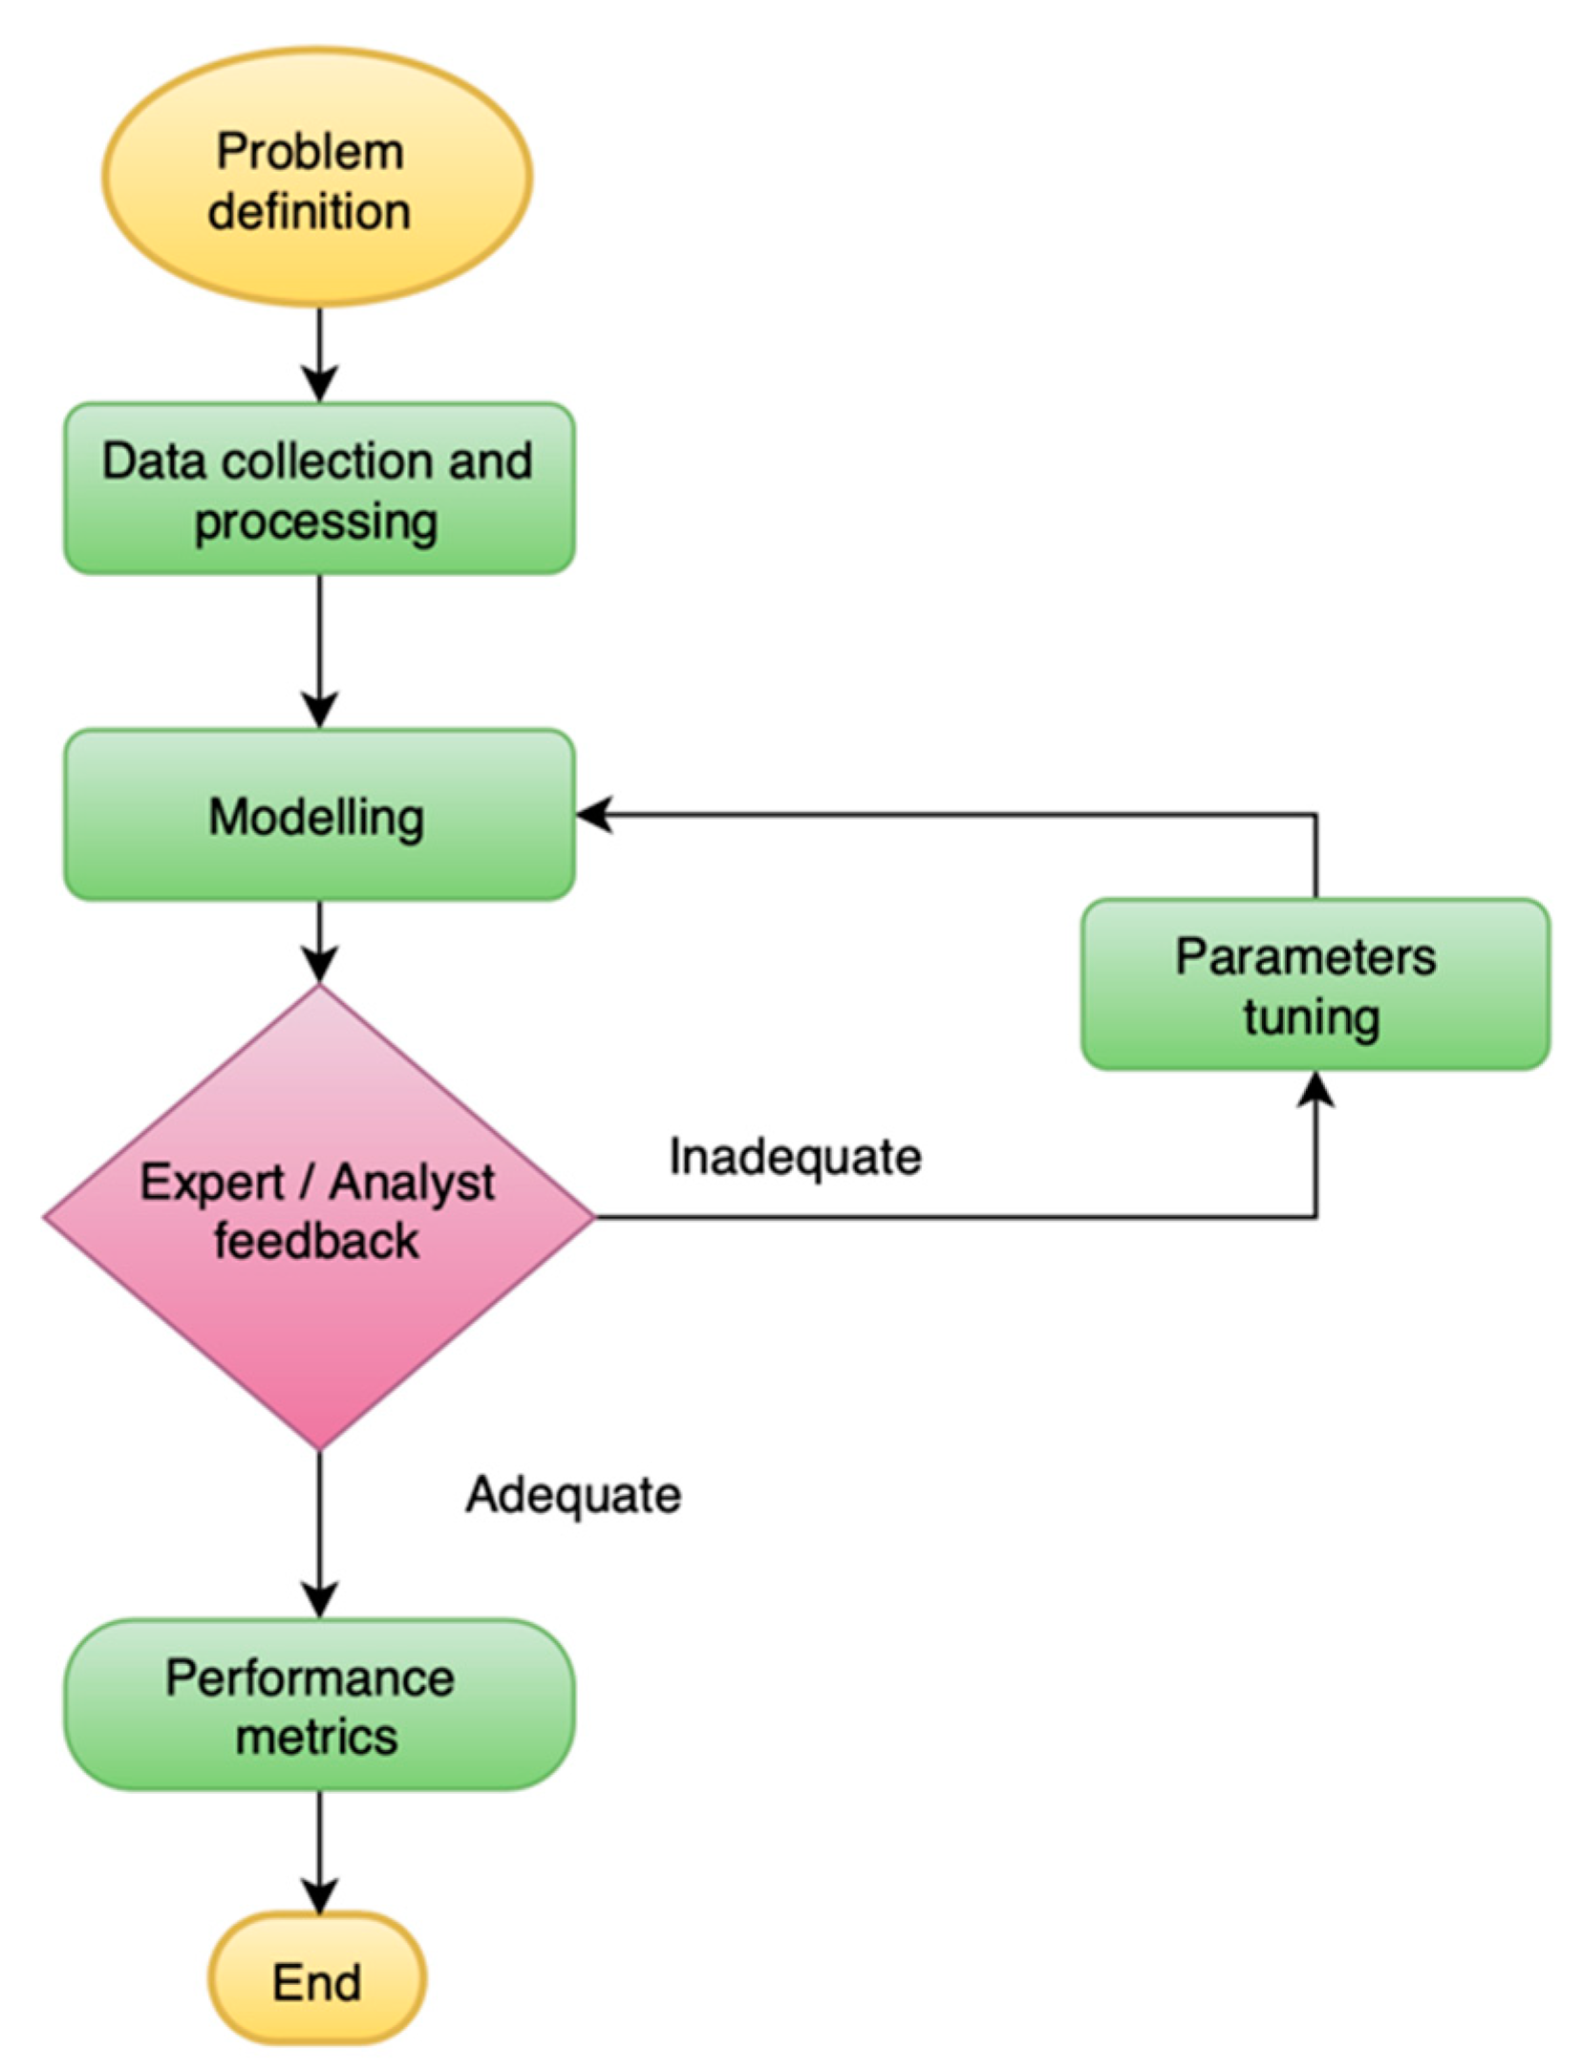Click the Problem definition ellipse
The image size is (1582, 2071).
pos(316,178)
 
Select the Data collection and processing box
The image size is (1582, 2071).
pos(319,488)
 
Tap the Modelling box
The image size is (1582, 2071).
pos(319,815)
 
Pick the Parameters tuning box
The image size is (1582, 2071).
pos(1314,984)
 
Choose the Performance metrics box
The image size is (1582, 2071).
pos(319,1705)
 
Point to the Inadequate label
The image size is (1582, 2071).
pos(795,1157)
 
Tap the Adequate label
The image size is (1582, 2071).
pos(573,1495)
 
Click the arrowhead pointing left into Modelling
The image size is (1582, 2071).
pos(594,815)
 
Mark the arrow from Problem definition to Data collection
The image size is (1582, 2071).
pos(319,353)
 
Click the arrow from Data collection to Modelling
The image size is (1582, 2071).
pos(319,650)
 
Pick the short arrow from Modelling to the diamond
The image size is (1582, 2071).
pos(319,941)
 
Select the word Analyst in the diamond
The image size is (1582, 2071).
pos(412,1184)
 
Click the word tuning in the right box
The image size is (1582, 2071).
pos(1311,1016)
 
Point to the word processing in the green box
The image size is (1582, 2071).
pos(316,523)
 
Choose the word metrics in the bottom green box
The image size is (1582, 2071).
pos(316,1736)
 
